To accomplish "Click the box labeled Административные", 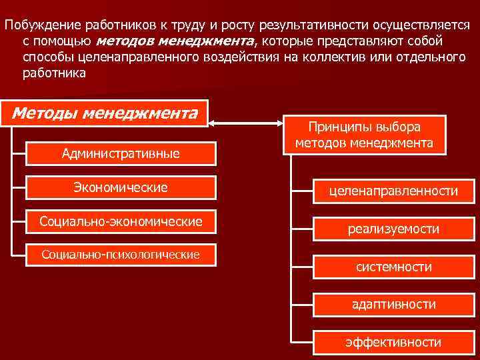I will pyautogui.click(x=121, y=153).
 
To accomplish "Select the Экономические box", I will pyautogui.click(x=121, y=188).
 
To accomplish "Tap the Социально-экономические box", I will pyautogui.click(x=121, y=221).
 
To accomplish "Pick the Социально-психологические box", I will pyautogui.click(x=121, y=255).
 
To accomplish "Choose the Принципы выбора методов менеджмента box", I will pyautogui.click(x=364, y=134).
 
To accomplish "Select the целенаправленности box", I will pyautogui.click(x=393, y=191).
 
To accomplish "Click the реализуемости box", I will pyautogui.click(x=393, y=229).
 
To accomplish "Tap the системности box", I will pyautogui.click(x=393, y=267).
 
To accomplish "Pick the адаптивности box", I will pyautogui.click(x=393, y=304).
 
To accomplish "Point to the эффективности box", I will pyautogui.click(x=393, y=342).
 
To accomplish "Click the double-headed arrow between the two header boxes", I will pyautogui.click(x=247, y=123).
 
